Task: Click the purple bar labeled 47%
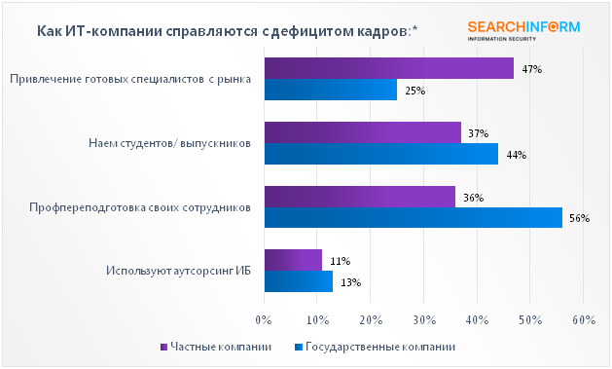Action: click(x=388, y=68)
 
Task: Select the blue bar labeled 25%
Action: click(x=330, y=91)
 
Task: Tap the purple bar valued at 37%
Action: click(x=362, y=132)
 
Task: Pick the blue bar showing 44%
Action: click(x=380, y=154)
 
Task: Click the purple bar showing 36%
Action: click(x=359, y=197)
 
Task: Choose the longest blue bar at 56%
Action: click(x=413, y=218)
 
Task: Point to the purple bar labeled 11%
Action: click(x=293, y=260)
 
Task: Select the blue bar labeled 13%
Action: click(x=298, y=281)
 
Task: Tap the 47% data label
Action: click(x=532, y=69)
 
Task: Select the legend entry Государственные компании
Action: click(x=374, y=347)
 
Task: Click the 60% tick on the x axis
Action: click(x=583, y=320)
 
